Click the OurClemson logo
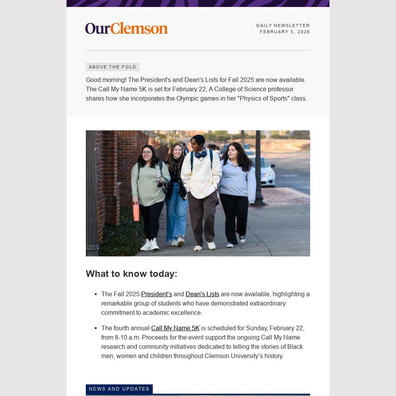[126, 28]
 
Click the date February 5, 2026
[285, 32]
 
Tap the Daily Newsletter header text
[283, 26]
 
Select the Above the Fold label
[113, 67]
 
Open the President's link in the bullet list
[156, 294]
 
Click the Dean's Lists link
[202, 294]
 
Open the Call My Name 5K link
[175, 328]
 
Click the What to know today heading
[131, 274]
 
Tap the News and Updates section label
[119, 389]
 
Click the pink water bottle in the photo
[136, 212]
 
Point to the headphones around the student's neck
[200, 154]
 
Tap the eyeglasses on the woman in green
[147, 153]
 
